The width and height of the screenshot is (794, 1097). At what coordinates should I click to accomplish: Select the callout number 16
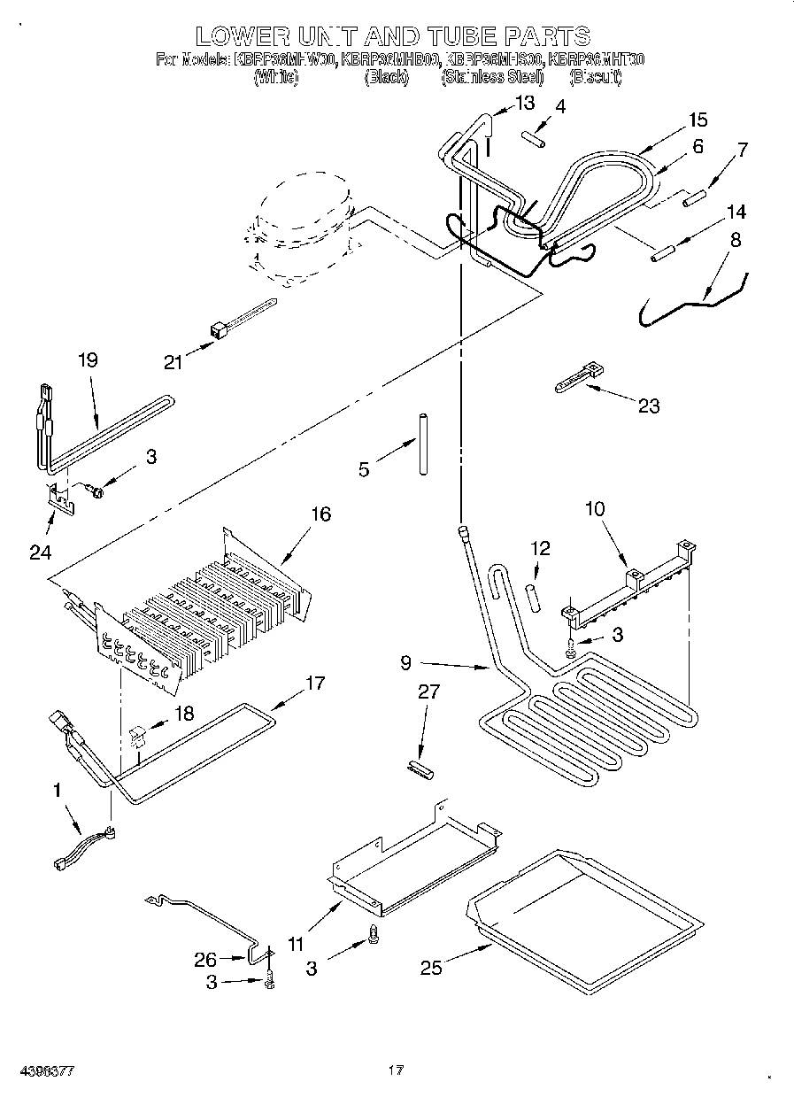click(x=320, y=514)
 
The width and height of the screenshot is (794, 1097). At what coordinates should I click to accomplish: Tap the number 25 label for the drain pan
click(x=431, y=969)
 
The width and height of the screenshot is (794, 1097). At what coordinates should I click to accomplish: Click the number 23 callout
click(x=649, y=406)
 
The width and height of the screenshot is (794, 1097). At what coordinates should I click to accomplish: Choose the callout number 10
click(x=595, y=508)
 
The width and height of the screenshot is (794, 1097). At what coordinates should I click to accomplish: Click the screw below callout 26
click(x=270, y=980)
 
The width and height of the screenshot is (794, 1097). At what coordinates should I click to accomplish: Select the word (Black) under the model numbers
click(x=387, y=78)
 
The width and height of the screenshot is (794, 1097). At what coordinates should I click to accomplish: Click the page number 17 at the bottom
click(x=396, y=1070)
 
